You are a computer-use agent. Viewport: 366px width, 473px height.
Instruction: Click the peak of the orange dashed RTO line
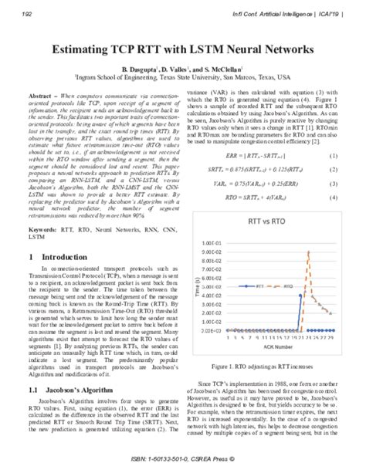pos(309,253)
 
